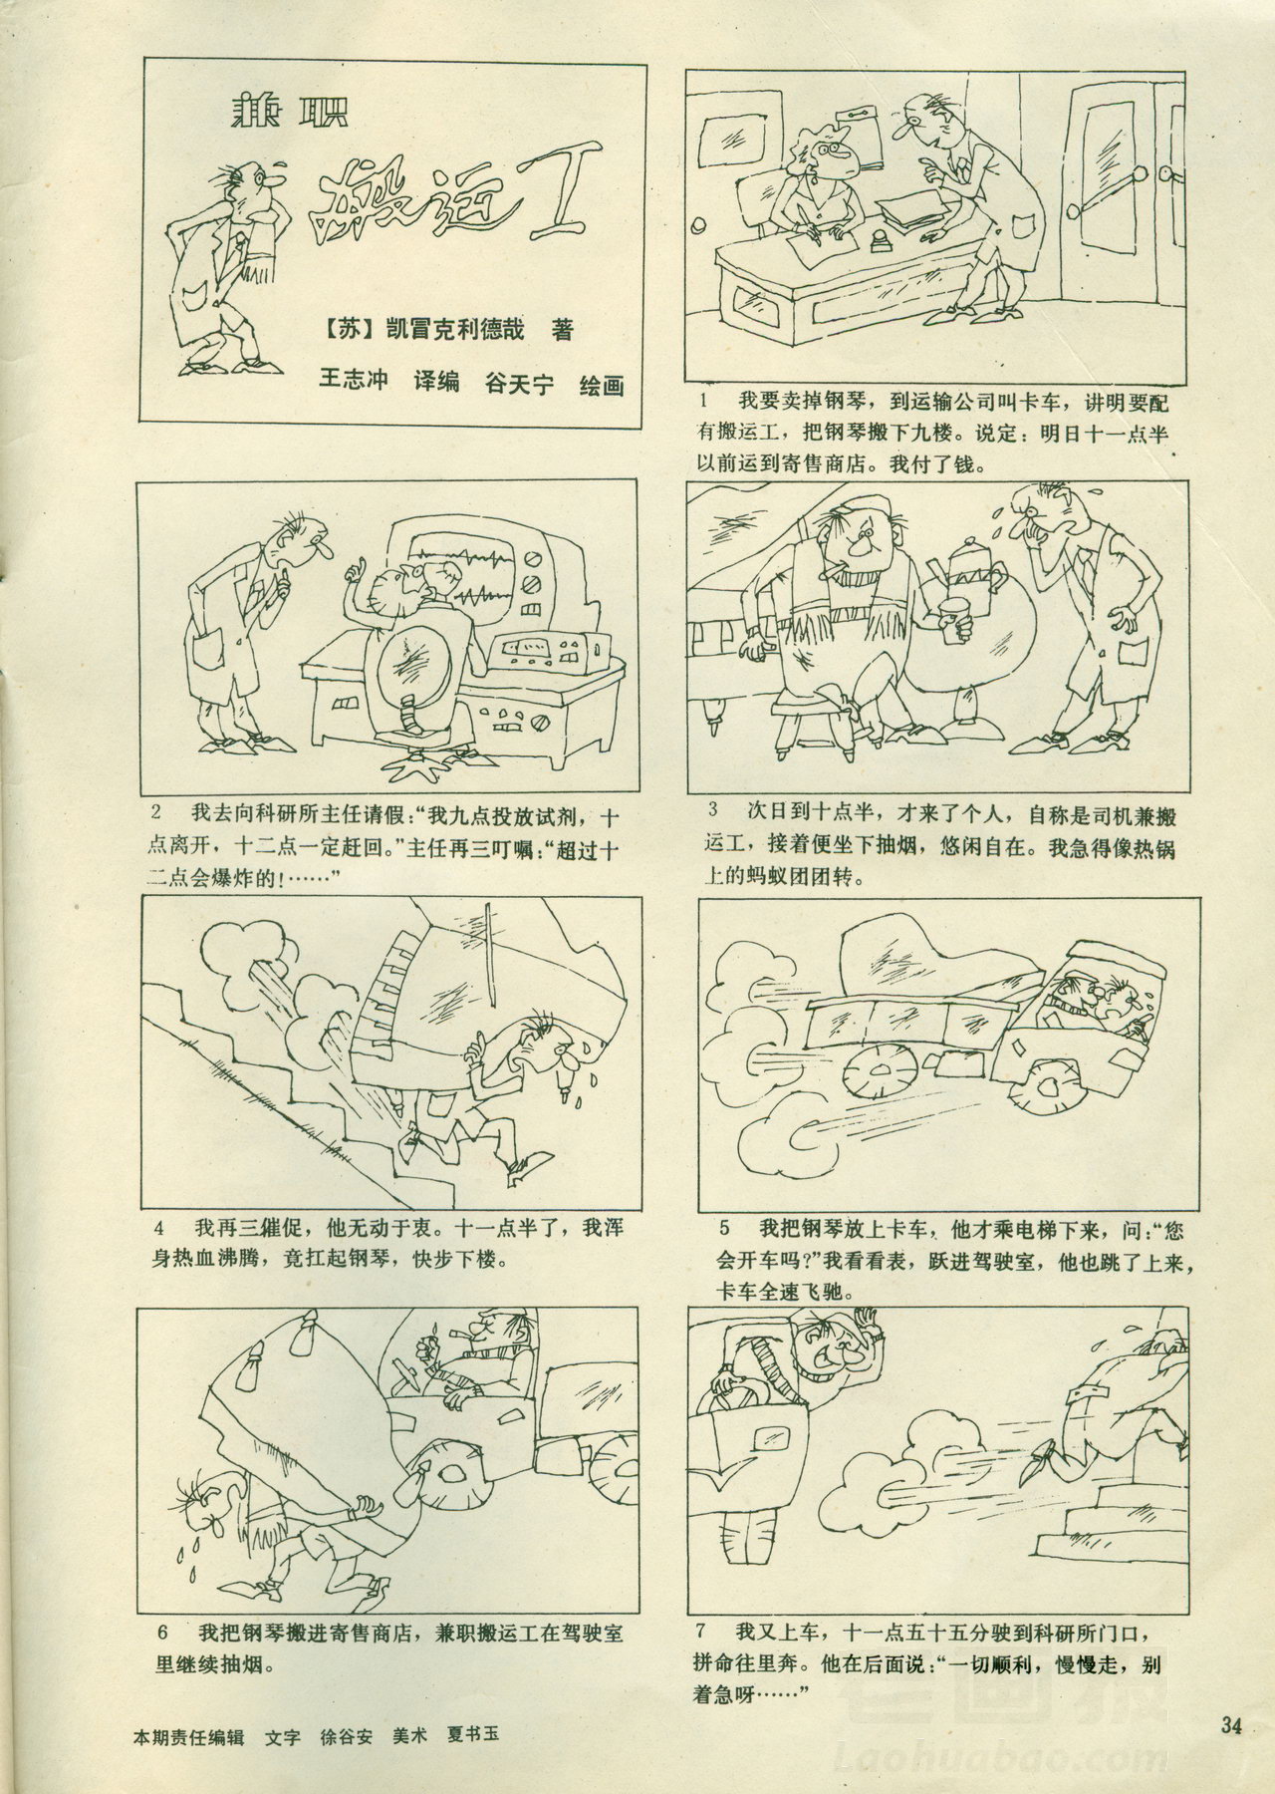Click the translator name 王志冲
point(353,384)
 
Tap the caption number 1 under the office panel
point(706,403)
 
